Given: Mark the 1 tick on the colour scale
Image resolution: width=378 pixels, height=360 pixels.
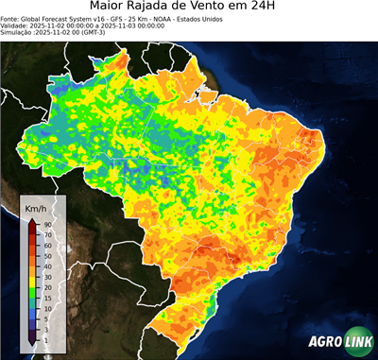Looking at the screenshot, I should (45, 338).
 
